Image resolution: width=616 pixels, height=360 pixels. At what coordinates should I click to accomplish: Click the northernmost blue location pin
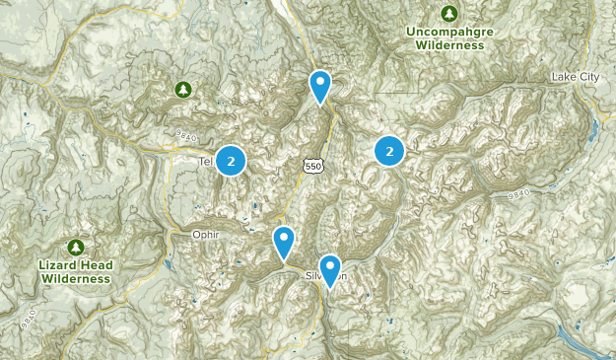tap(320, 85)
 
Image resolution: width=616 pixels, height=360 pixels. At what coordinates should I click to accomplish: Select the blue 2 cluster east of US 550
tap(390, 151)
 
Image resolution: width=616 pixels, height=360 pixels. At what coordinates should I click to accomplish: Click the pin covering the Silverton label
tap(329, 268)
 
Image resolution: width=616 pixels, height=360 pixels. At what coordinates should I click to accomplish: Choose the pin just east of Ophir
tap(284, 241)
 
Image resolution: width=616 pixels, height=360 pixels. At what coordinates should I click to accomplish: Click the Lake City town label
tap(576, 77)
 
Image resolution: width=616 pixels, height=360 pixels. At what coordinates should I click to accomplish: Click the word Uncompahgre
tap(449, 32)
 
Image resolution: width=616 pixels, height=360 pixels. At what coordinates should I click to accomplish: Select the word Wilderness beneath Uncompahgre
tap(449, 44)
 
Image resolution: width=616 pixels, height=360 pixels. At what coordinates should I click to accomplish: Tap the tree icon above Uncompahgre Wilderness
tap(449, 14)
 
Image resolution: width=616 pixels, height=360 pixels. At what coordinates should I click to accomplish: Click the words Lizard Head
tap(76, 265)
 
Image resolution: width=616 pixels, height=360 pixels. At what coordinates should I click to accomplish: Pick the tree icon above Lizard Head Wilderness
tap(76, 247)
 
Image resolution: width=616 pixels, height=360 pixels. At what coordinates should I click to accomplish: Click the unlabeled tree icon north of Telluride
tap(183, 90)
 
